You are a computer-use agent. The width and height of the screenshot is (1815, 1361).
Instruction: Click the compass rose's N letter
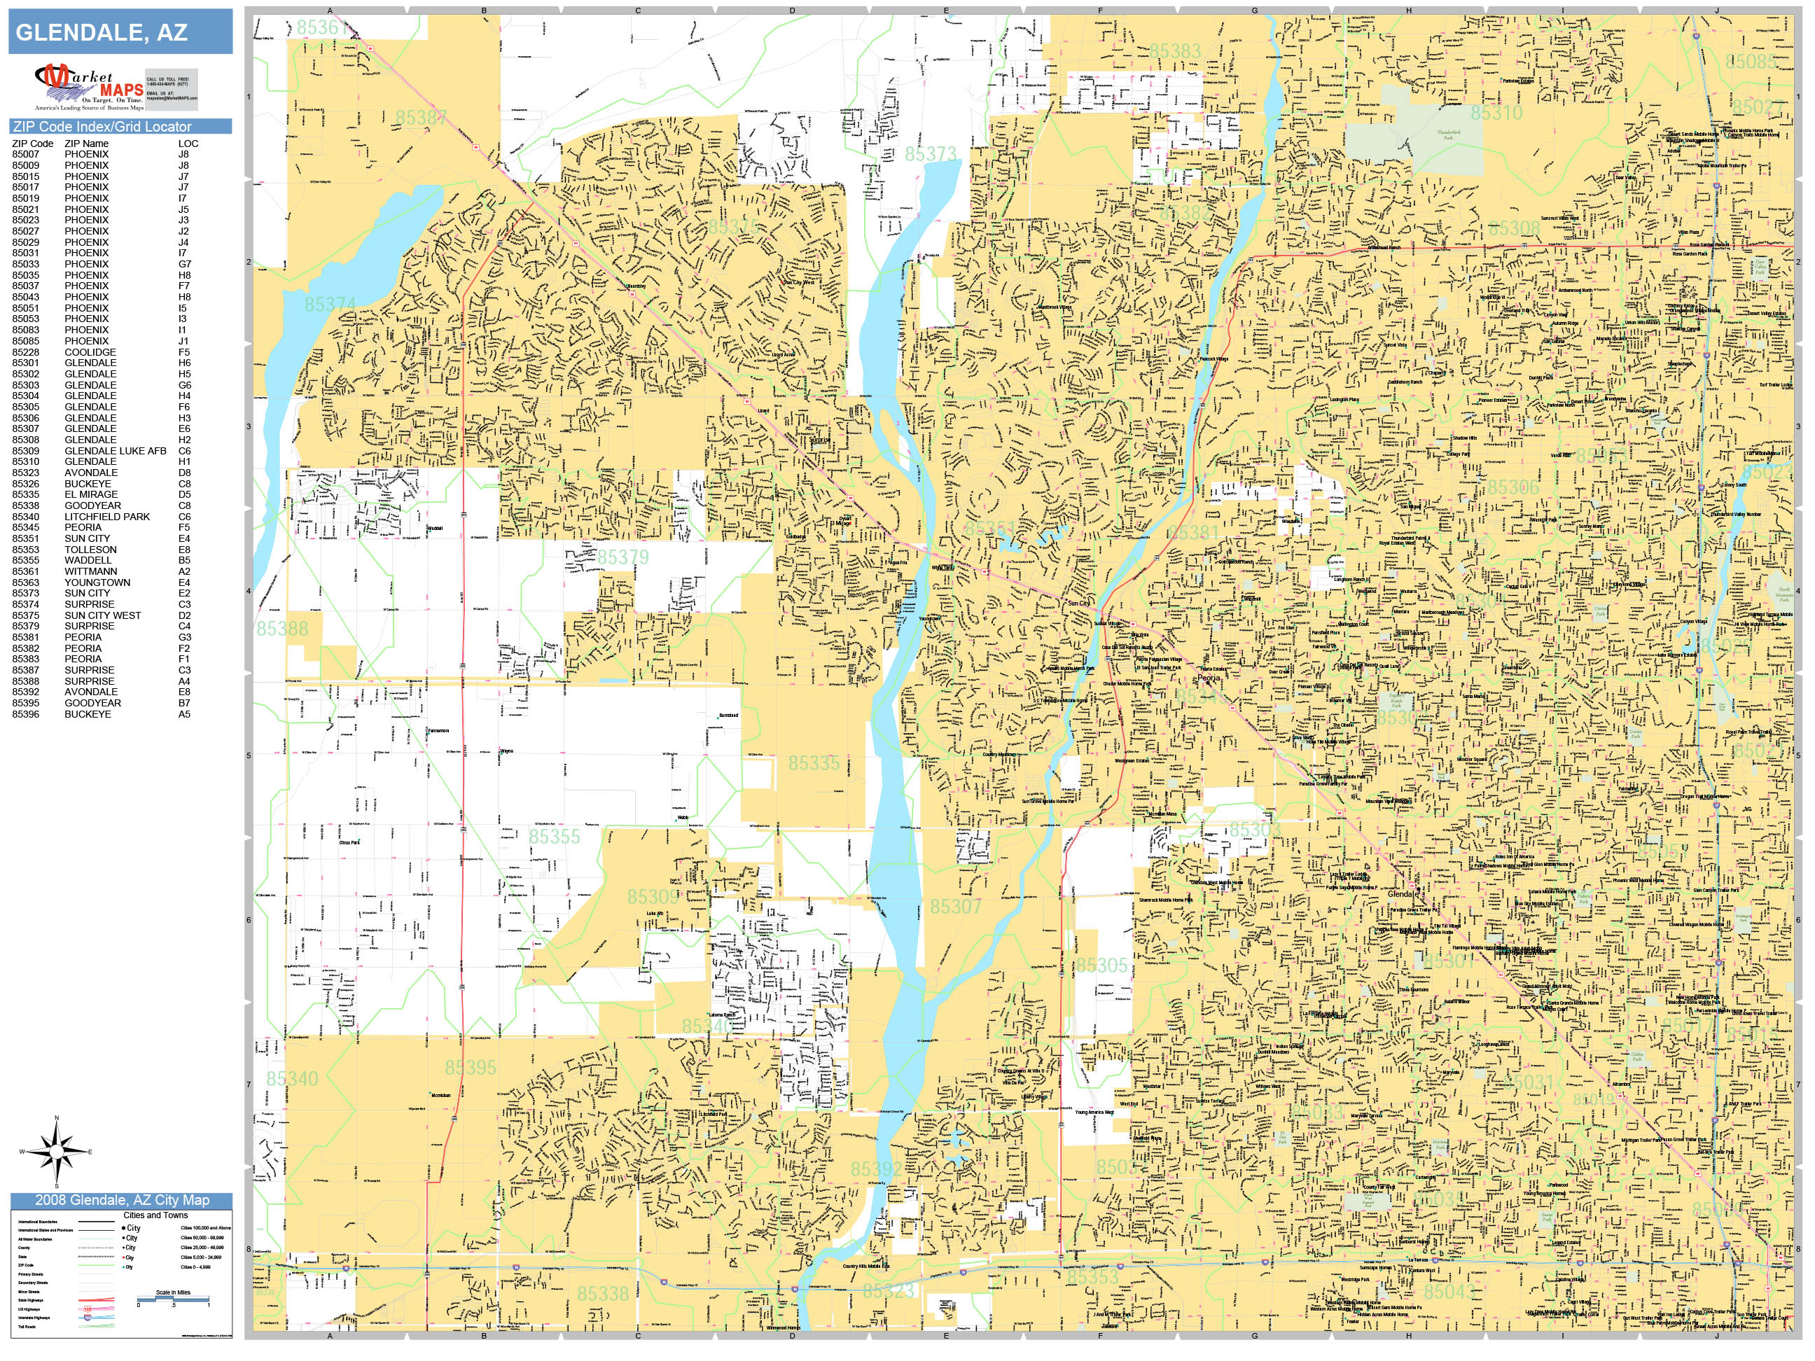click(57, 1118)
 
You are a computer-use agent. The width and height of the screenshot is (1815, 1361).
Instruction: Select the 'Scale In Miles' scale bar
click(173, 1299)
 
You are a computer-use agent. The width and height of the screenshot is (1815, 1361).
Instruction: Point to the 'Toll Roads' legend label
click(27, 1327)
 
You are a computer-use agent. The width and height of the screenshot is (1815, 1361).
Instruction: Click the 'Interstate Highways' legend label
click(34, 1318)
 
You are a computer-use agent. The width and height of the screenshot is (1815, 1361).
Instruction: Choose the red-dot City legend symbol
click(124, 1257)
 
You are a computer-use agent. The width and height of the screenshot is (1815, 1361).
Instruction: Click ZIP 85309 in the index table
click(25, 451)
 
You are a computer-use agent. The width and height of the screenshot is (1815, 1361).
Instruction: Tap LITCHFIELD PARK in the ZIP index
click(106, 517)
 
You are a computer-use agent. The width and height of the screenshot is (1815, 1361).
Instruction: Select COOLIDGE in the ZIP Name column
click(90, 352)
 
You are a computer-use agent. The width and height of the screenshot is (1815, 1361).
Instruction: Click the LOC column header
click(188, 144)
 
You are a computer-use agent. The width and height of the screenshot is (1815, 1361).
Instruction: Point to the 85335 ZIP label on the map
click(814, 763)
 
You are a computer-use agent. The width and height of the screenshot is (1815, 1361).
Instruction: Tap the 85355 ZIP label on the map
click(554, 837)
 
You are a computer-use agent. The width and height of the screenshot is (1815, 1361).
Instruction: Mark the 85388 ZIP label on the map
click(282, 629)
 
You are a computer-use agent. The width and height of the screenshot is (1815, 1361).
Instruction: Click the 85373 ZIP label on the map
click(931, 154)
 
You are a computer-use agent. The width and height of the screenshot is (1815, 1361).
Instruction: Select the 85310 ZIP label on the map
click(1496, 113)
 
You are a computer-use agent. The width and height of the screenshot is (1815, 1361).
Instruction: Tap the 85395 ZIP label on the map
click(470, 1067)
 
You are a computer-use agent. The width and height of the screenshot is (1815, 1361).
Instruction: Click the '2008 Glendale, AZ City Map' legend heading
click(121, 1200)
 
